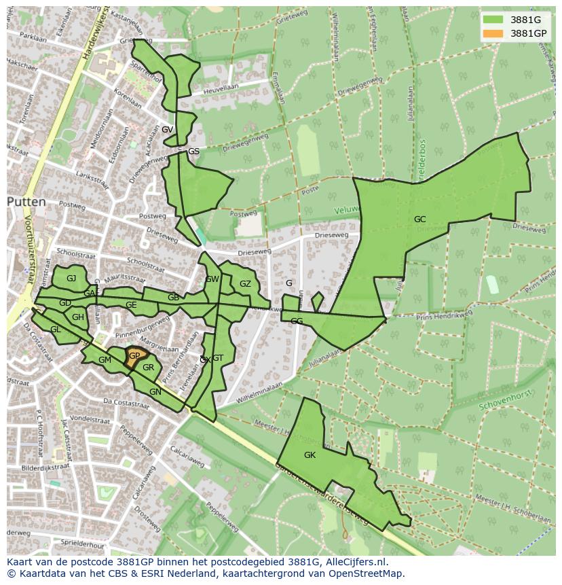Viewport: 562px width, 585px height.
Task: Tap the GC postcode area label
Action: point(419,219)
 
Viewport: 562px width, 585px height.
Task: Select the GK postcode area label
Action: point(310,455)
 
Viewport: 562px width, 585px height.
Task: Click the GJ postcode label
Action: point(71,278)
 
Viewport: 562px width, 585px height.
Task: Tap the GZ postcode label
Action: point(245,284)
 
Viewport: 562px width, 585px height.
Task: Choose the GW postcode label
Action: point(212,279)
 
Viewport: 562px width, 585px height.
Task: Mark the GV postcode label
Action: point(167,129)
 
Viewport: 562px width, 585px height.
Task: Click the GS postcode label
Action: point(193,151)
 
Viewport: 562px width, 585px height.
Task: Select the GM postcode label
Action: point(105,359)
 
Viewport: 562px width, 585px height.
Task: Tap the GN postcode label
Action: point(155,391)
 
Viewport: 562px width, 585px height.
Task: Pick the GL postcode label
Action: point(56,329)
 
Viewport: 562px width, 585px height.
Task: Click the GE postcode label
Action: point(131,305)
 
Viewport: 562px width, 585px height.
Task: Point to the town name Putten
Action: point(26,202)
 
